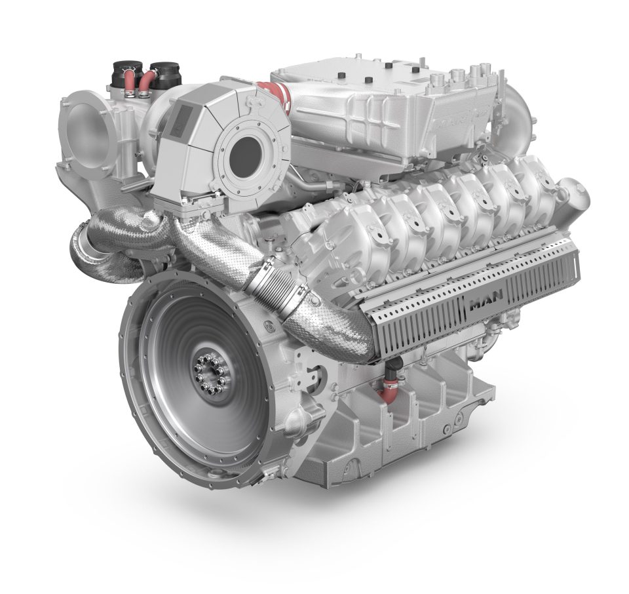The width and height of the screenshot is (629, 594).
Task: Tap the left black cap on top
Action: [126, 69]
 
